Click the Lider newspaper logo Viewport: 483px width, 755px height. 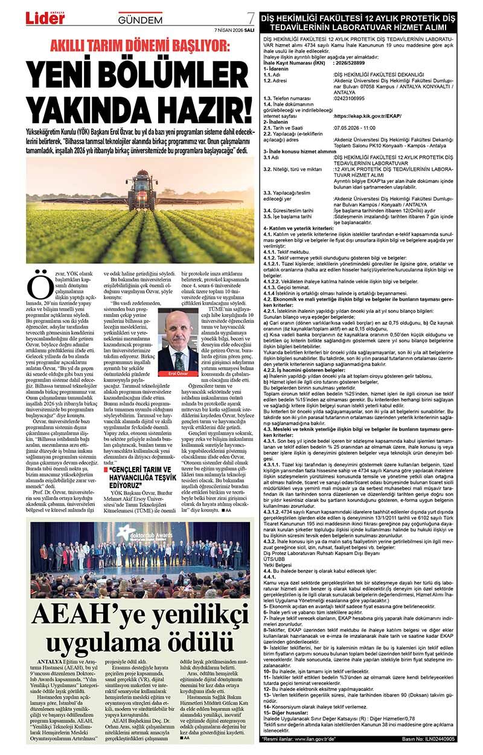[45, 18]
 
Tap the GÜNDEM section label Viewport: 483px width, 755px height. [140, 20]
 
